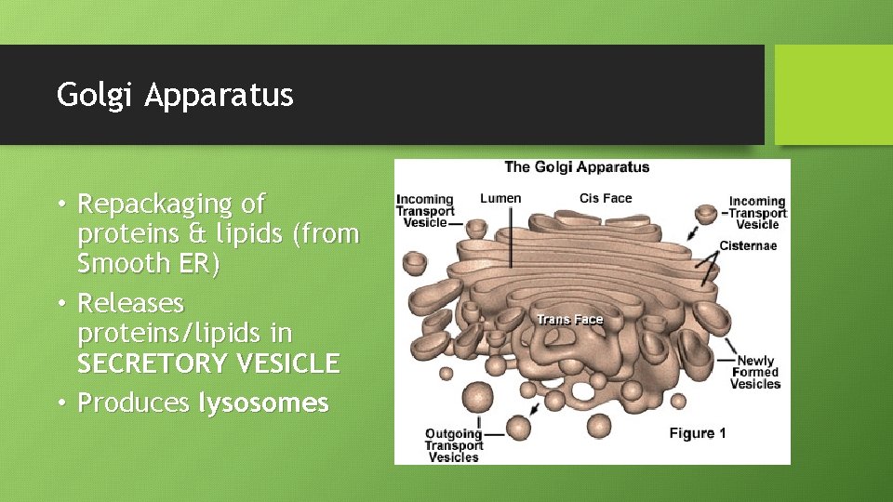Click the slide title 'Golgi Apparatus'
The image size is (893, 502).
coord(175,95)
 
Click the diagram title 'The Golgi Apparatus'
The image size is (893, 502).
coord(577,167)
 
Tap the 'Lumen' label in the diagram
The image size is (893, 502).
coord(500,198)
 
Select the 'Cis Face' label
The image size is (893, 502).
coord(606,198)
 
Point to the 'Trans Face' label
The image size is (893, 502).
coord(570,320)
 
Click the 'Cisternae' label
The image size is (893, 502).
coord(748,246)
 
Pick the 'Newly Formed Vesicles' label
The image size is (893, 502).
coord(755,373)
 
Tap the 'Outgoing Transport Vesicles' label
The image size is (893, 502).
coord(453,445)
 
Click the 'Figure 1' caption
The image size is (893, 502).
coord(699,433)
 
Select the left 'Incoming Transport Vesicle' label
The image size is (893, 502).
coord(424,211)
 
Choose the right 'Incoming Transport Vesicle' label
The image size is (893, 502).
coord(756,212)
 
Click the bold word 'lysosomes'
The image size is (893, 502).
coord(263,403)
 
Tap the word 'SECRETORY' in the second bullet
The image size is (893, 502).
coord(148,363)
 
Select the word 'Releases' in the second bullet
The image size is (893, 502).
coord(131,304)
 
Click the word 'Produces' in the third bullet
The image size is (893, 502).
coord(134,403)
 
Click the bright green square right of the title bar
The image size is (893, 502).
coord(833,95)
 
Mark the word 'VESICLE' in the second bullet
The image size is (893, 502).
coord(283,363)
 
